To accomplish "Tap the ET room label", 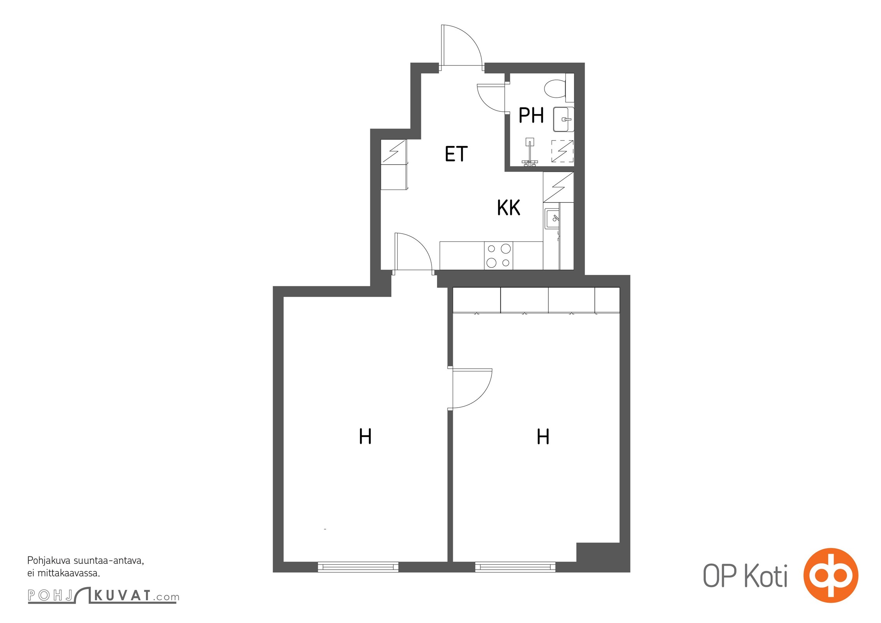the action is point(456,154).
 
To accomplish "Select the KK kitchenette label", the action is point(509,208).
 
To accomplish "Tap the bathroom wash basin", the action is point(563,119).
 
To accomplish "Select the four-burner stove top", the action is point(499,255).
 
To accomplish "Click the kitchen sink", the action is point(552,218).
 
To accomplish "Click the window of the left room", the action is point(358,567).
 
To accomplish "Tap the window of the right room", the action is point(515,567).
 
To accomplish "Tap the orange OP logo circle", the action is point(831,575).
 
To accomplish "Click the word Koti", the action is point(766,575).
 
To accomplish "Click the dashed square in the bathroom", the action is point(562,151).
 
